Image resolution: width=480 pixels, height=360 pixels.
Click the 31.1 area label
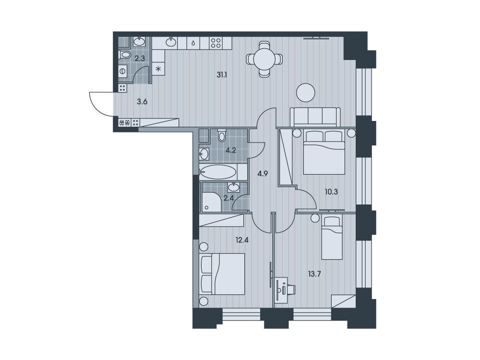pos(222,75)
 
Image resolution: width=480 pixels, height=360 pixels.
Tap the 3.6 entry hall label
pos(142,102)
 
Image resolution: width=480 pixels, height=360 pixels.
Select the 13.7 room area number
pos(314,274)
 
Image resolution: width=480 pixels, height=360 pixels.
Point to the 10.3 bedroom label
pos(331,192)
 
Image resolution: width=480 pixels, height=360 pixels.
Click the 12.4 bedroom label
pos(242,240)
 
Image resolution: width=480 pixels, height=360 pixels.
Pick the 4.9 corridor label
pos(263,174)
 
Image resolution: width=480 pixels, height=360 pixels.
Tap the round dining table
pos(264,59)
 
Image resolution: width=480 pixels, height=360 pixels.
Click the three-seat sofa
pos(315,117)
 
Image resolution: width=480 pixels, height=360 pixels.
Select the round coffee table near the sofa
pos(305,93)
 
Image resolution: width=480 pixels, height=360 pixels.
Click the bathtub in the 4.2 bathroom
pos(218,172)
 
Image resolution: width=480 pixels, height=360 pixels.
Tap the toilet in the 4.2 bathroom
pos(222,135)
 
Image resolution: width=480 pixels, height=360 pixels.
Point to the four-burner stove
pos(216,43)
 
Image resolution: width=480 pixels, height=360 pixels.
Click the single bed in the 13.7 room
pos(332,238)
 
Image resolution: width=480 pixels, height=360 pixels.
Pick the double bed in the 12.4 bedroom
pos(222,274)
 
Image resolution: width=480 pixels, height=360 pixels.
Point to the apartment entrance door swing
pos(102,104)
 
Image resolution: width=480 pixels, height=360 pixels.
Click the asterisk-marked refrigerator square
pos(158,69)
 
